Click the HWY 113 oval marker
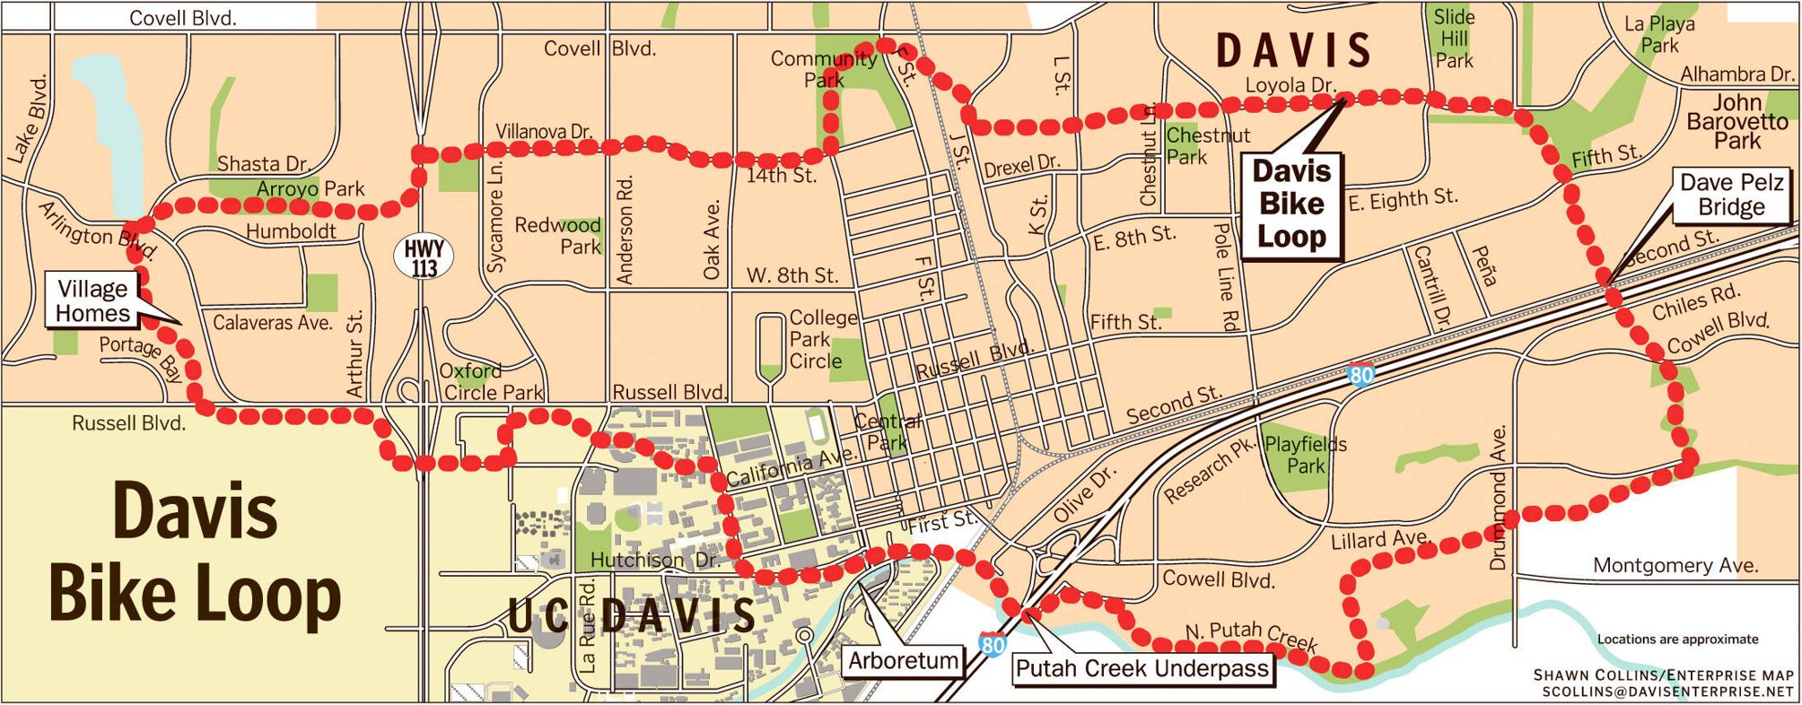tap(424, 258)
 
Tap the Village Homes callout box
tap(92, 300)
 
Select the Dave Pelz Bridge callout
tap(1730, 195)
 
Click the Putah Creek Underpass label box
tap(1142, 668)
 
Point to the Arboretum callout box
tap(903, 661)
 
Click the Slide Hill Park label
tap(1453, 39)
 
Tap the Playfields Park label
tap(1305, 455)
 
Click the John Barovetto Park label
tap(1736, 121)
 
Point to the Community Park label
tap(824, 69)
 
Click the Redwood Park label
tap(557, 235)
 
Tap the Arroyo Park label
tap(311, 188)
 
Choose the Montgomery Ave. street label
tap(1675, 565)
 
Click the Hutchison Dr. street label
tap(654, 560)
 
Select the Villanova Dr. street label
tap(544, 131)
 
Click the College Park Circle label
tap(822, 339)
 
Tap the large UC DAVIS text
tap(632, 614)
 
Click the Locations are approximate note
tap(1676, 639)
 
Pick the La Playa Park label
tap(1659, 34)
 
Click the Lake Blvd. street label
tap(28, 119)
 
